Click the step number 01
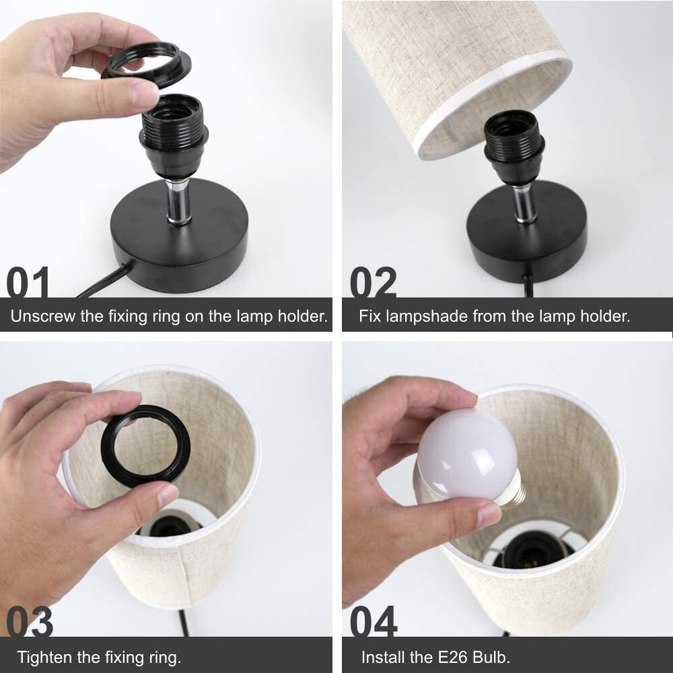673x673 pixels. [28, 281]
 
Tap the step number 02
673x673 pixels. [373, 281]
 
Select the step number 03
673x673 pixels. [30, 621]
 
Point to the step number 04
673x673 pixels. [374, 621]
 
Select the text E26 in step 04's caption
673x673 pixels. [453, 657]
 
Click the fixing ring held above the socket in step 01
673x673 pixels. [147, 65]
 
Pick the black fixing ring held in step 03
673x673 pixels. [145, 446]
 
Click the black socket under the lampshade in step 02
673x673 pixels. [514, 145]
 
